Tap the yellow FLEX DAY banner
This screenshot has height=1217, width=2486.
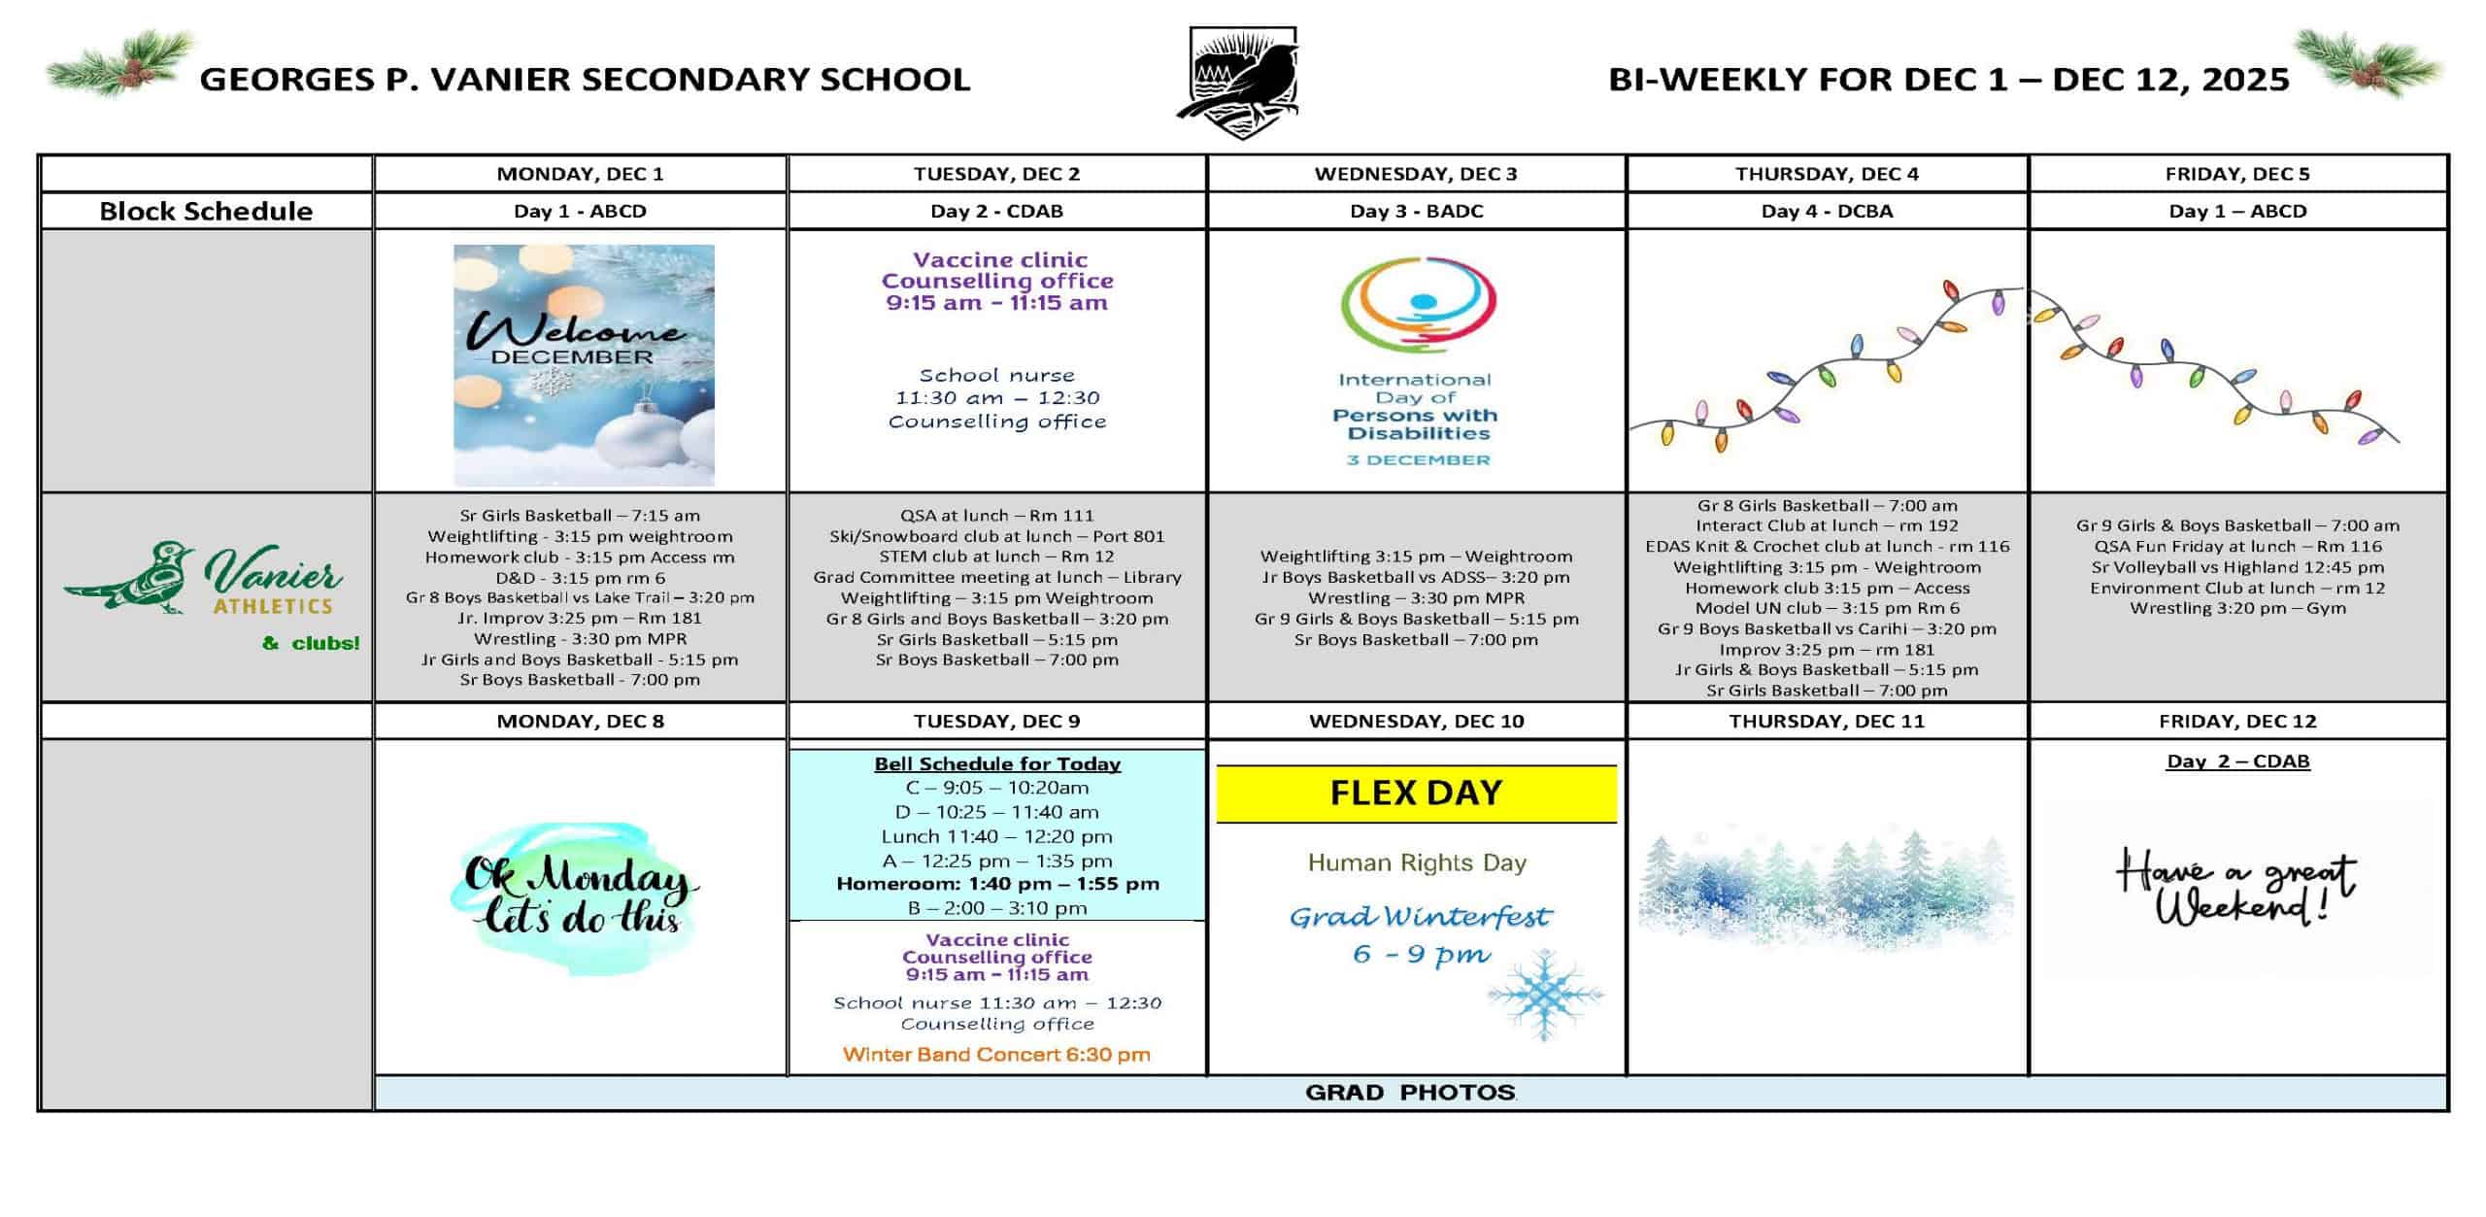pos(1416,794)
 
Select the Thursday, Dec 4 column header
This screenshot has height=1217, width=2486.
pos(1827,174)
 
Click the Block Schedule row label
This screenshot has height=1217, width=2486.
pos(206,211)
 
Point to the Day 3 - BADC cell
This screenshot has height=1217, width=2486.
pos(1416,211)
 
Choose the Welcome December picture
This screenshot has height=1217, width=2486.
pos(584,364)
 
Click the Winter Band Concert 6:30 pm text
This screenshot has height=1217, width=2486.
pos(996,1054)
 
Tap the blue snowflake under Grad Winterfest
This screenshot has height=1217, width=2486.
pos(1544,996)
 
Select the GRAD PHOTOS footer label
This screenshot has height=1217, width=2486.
pos(1410,1093)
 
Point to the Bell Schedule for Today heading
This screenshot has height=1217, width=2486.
pos(997,763)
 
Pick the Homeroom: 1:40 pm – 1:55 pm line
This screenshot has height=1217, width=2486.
pos(997,884)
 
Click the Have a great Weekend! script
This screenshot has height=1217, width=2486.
pos(2235,886)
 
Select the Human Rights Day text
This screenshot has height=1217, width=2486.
pos(1417,862)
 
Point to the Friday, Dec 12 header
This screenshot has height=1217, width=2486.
pos(2237,721)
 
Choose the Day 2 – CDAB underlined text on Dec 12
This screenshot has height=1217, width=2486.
pos(2237,761)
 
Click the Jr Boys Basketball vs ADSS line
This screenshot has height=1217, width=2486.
pos(1416,577)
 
